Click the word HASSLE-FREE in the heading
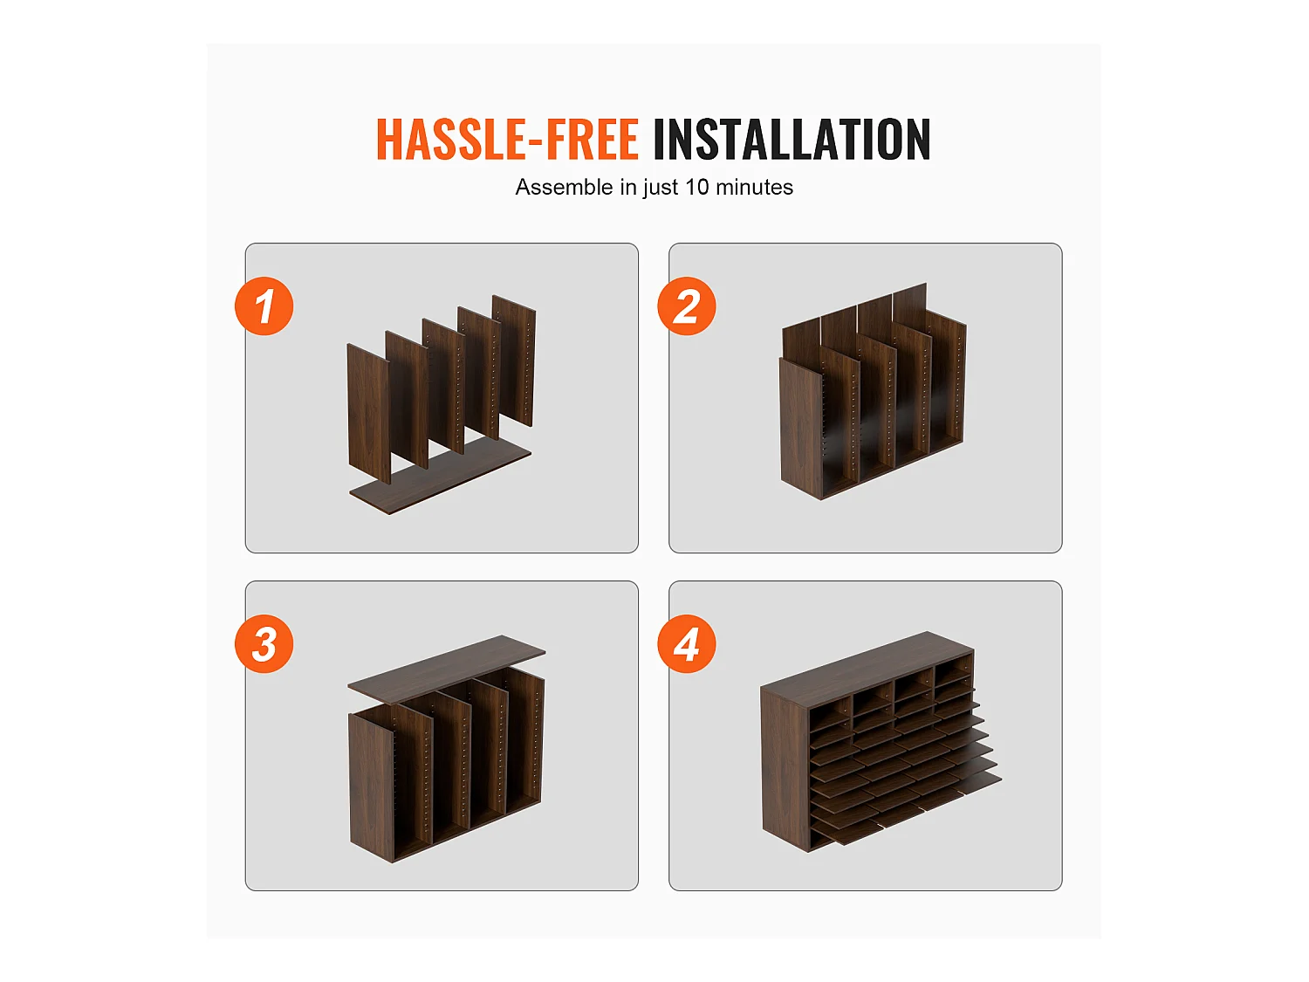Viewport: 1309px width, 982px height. click(x=508, y=139)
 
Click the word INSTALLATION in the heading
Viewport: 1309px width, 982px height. click(x=792, y=139)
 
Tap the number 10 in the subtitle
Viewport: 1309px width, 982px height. click(x=696, y=187)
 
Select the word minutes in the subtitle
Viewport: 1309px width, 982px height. click(x=754, y=187)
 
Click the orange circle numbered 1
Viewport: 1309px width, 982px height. click(x=264, y=306)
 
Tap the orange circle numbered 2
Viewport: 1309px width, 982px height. click(x=687, y=306)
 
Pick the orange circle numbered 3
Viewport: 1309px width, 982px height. click(x=264, y=644)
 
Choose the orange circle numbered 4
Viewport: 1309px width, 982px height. click(x=687, y=644)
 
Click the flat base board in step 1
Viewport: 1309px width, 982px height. click(x=440, y=477)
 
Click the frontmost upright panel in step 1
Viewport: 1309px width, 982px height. click(x=368, y=413)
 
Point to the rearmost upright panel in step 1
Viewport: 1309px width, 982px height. click(x=515, y=360)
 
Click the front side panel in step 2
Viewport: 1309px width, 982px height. click(x=800, y=428)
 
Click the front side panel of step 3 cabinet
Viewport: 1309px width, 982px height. click(x=371, y=787)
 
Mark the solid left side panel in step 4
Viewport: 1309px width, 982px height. click(x=785, y=769)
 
